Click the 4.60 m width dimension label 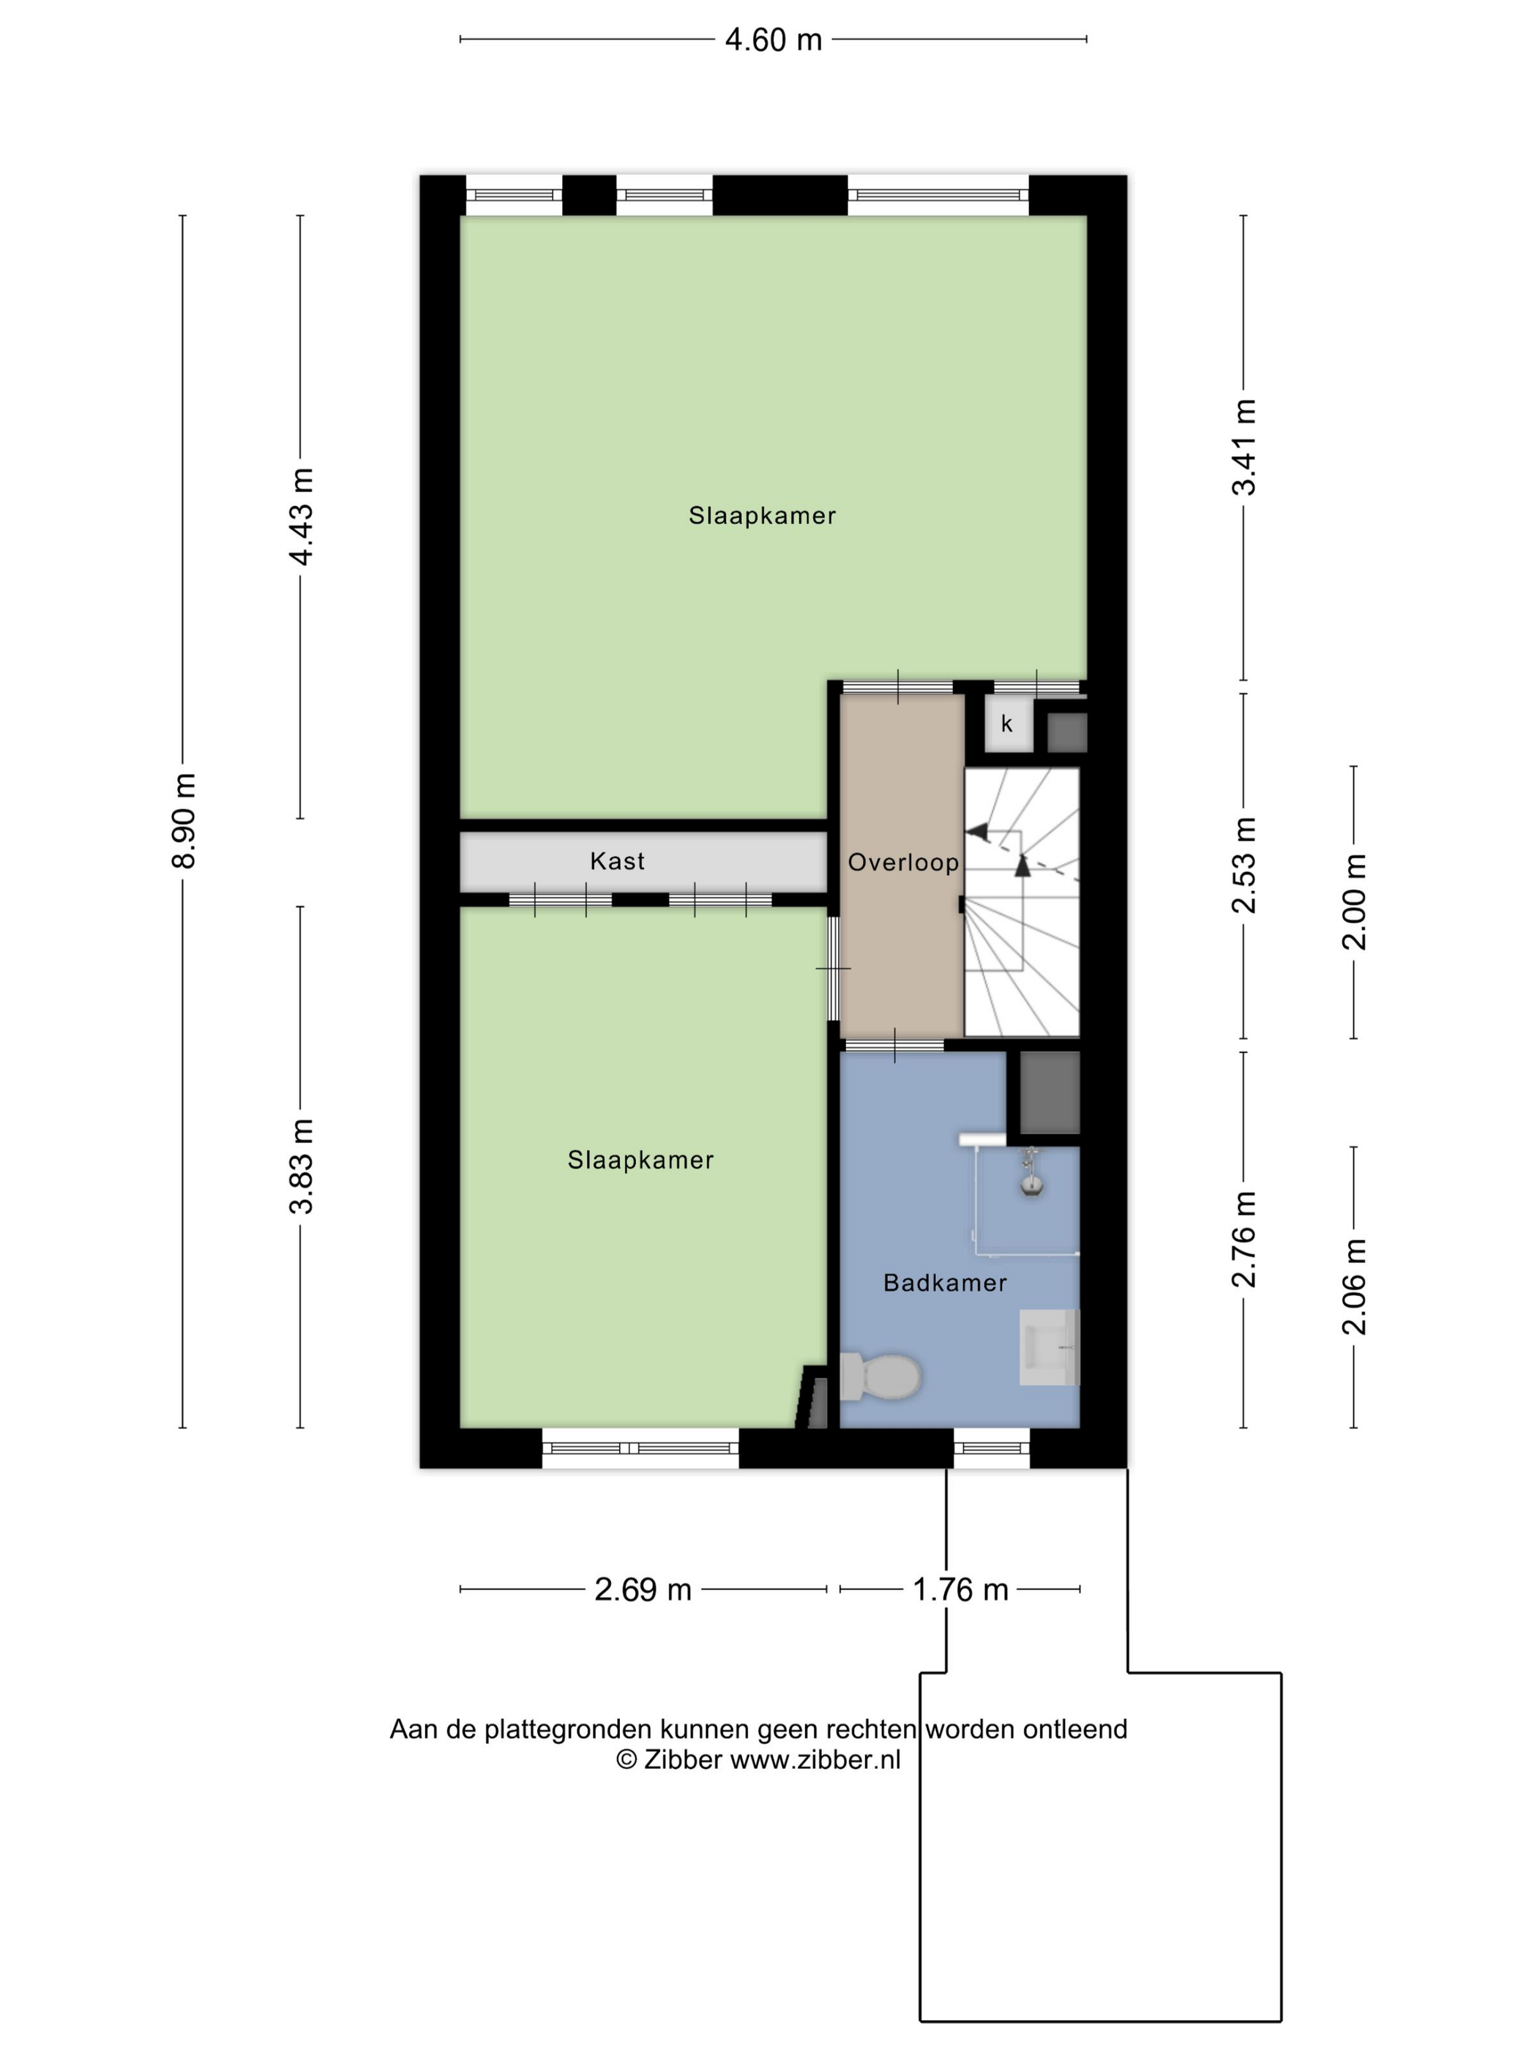point(773,40)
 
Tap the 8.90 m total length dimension point(184,820)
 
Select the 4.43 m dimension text point(301,516)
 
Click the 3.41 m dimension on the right point(1244,447)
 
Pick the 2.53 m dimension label point(1244,865)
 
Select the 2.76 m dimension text point(1244,1239)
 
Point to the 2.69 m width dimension point(643,1589)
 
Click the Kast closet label point(617,861)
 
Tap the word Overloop point(903,862)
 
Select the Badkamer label point(945,1283)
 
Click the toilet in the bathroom point(879,1376)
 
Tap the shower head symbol point(1031,1174)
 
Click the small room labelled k point(1007,724)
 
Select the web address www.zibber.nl point(815,1759)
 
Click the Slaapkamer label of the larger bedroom point(763,516)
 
